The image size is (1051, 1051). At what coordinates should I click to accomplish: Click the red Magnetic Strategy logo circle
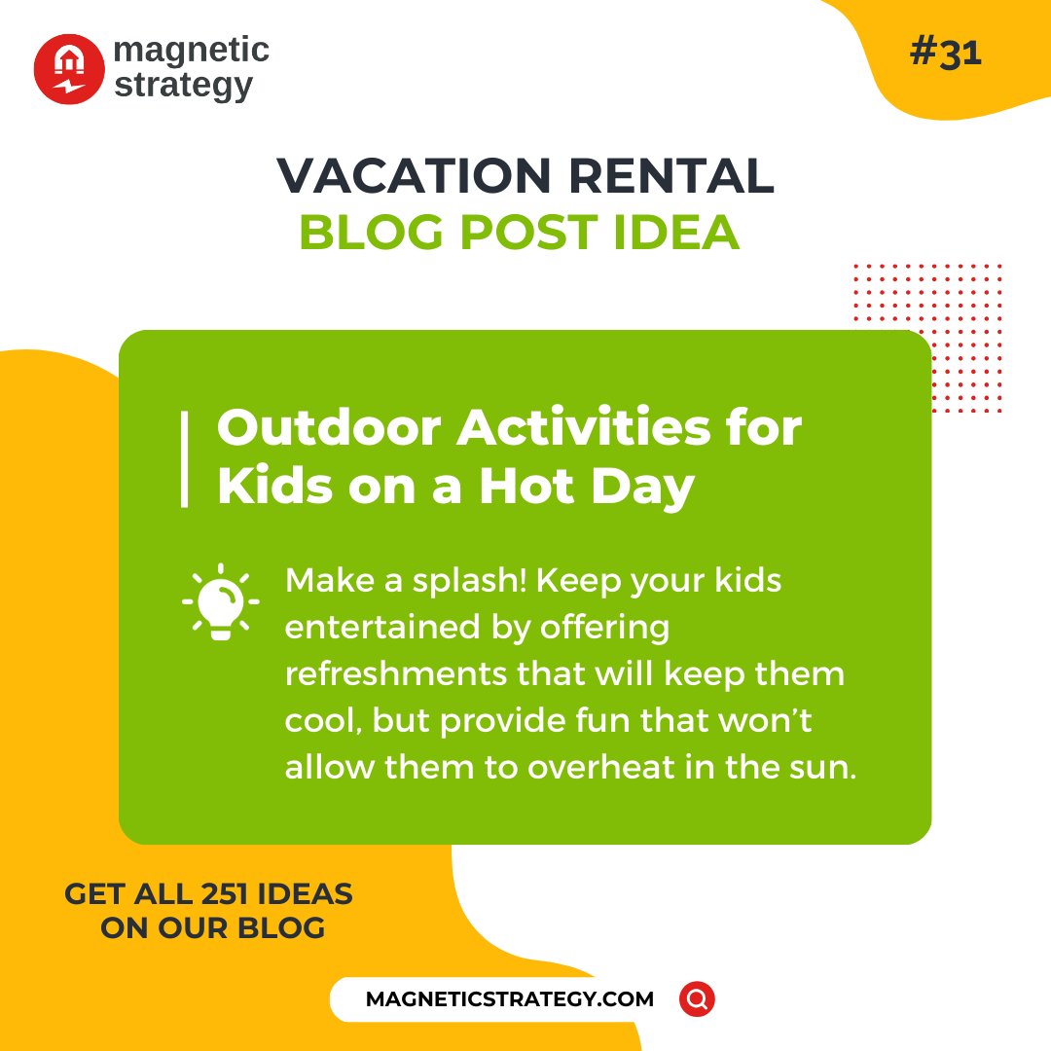(69, 68)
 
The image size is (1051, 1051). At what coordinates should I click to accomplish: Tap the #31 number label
(945, 54)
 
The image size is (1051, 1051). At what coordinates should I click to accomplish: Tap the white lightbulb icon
(221, 601)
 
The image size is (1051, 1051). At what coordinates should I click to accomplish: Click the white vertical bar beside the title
(184, 459)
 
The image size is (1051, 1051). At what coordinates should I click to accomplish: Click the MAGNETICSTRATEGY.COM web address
(510, 999)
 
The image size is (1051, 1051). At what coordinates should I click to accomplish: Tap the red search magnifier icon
(697, 999)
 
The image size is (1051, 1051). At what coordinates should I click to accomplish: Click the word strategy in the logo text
(184, 85)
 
